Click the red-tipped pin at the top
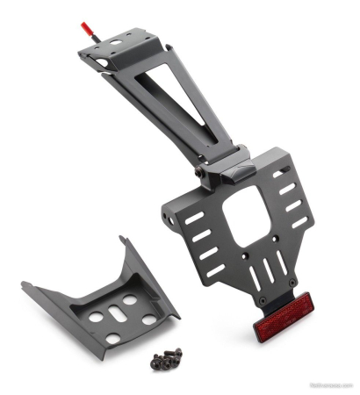[89, 30]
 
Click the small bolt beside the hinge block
[205, 174]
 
